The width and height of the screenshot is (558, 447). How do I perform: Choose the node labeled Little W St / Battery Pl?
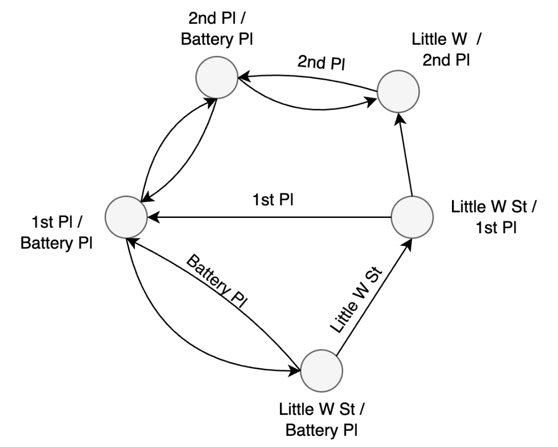click(322, 370)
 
